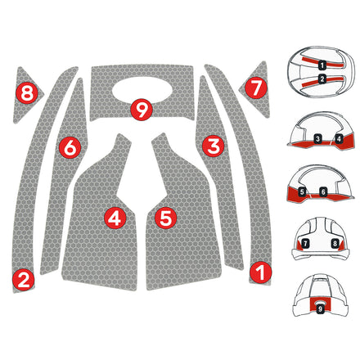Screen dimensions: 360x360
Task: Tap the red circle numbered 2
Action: click(x=23, y=280)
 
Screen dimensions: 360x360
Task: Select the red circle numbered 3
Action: click(x=214, y=146)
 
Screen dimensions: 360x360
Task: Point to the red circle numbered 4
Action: click(x=114, y=218)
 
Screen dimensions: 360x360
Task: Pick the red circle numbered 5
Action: click(x=166, y=218)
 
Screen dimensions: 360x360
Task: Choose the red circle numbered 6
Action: click(x=70, y=147)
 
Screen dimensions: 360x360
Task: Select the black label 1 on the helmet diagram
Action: click(x=322, y=62)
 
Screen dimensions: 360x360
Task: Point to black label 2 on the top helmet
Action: click(x=322, y=79)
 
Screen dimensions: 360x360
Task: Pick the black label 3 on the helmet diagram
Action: click(x=316, y=139)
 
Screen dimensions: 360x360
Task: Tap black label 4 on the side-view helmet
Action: click(x=339, y=139)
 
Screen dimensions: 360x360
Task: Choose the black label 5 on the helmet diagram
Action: click(x=302, y=191)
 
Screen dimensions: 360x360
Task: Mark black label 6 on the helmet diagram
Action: click(x=323, y=191)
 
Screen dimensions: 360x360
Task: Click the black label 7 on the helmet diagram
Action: click(x=305, y=244)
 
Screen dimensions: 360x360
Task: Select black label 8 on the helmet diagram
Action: click(x=335, y=244)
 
